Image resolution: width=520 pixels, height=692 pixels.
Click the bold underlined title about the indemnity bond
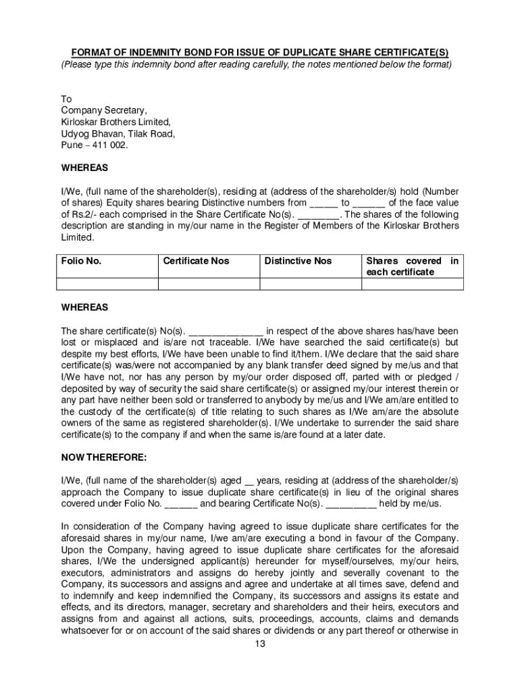260,53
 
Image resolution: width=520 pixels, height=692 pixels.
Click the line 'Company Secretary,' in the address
103,110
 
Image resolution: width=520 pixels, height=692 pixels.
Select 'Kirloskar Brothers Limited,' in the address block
115,122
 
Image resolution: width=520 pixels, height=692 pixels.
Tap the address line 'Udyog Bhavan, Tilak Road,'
118,133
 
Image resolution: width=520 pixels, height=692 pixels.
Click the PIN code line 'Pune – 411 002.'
94,145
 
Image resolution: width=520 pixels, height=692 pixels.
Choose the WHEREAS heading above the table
84,167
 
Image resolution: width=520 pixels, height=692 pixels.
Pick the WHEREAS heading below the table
84,307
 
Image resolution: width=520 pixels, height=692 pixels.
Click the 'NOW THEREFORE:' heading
103,458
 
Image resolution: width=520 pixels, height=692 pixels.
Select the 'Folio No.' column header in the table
82,261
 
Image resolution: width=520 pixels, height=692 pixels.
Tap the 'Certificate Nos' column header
196,261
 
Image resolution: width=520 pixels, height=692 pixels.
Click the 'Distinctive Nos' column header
298,261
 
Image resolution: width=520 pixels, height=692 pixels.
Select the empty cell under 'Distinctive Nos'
310,284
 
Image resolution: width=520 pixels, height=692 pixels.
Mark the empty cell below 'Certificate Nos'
208,284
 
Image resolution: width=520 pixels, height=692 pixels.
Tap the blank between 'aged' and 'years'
249,480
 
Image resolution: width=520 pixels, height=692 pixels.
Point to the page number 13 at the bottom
260,643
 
